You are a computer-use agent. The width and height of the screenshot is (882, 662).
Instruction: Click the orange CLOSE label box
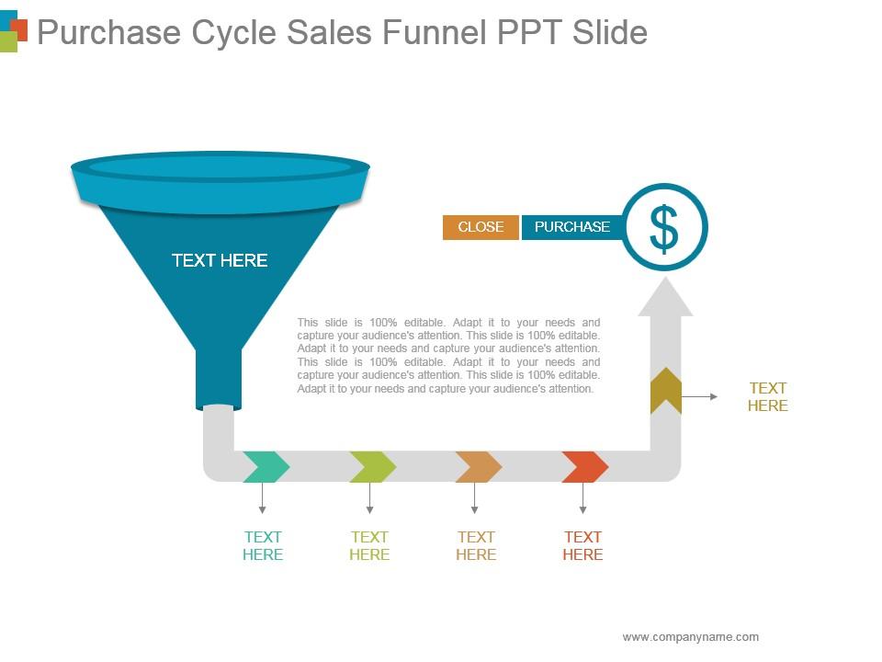(x=481, y=227)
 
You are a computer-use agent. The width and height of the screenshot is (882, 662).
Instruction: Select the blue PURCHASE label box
(x=571, y=227)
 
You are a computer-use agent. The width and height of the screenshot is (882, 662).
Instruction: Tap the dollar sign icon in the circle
(x=663, y=228)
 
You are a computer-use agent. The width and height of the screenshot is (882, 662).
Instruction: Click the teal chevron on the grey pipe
(x=266, y=467)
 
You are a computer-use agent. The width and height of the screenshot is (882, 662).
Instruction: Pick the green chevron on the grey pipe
(x=372, y=467)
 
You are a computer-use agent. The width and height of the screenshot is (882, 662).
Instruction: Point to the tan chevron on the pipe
(x=479, y=467)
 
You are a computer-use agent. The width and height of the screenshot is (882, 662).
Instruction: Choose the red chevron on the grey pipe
(x=585, y=467)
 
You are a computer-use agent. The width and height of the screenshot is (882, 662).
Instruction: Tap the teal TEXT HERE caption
(x=263, y=545)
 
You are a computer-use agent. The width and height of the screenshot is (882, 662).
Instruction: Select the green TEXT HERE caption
(x=369, y=545)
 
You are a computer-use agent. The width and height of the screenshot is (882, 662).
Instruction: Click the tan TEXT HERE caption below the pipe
(x=476, y=545)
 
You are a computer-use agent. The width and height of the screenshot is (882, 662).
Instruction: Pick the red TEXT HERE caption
(x=582, y=545)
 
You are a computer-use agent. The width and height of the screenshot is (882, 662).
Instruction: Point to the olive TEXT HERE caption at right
(x=767, y=396)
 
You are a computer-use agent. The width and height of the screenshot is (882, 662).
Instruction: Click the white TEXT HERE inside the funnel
(x=220, y=260)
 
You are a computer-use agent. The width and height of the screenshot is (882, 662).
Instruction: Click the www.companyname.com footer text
(x=690, y=636)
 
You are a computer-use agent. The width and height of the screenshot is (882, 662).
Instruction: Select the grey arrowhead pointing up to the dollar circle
(x=665, y=297)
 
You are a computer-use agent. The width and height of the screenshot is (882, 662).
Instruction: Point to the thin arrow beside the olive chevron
(x=701, y=396)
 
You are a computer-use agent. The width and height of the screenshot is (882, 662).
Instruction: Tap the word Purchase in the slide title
(x=108, y=33)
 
